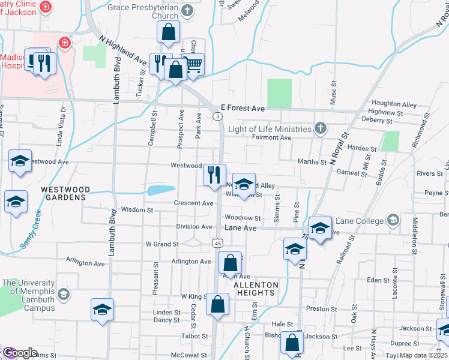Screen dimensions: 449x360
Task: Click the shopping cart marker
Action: click(193, 64)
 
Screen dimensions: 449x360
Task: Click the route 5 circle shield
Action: click(215, 116)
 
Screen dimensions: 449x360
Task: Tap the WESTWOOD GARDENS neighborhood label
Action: click(65, 193)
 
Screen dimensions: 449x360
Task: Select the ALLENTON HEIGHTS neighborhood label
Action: click(256, 289)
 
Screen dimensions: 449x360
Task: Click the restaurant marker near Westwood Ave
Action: click(214, 175)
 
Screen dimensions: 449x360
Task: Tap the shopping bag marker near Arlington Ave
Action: click(230, 262)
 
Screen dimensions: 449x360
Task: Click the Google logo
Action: click(19, 353)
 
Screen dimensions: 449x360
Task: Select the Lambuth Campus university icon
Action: click(64, 295)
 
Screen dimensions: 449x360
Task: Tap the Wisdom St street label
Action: click(137, 210)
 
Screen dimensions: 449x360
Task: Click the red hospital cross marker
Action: click(63, 43)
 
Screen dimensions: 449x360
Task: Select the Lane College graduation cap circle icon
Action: click(393, 220)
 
